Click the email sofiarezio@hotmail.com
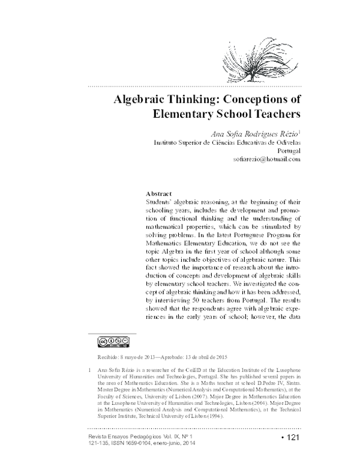(x=266, y=161)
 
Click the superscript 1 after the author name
(x=299, y=130)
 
